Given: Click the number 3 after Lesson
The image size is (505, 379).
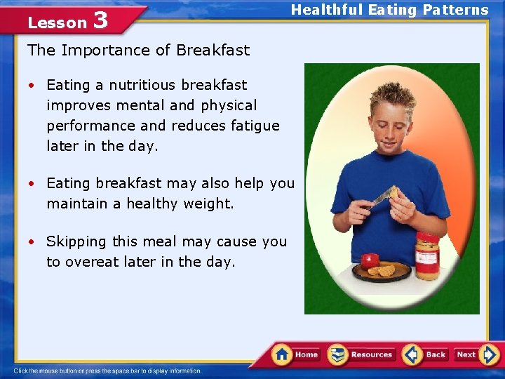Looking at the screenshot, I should pos(100,20).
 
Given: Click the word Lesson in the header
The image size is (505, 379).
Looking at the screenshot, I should pos(57,22).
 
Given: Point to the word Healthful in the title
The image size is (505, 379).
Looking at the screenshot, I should pos(326,10).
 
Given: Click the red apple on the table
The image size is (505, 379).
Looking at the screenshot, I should pos(370,261).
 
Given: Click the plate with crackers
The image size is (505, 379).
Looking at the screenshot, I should pos(382,272).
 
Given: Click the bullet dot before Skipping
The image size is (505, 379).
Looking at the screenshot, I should pos(32,242).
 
